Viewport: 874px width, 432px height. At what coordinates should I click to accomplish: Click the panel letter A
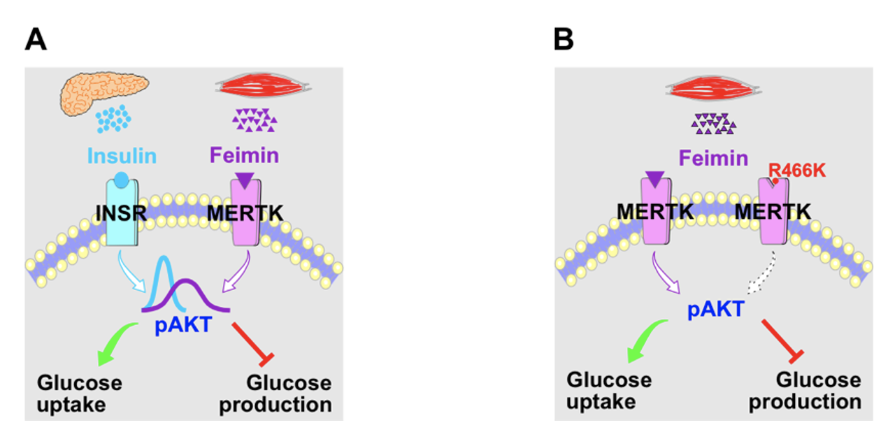coord(36,40)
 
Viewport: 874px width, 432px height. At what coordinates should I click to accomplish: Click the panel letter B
coord(564,40)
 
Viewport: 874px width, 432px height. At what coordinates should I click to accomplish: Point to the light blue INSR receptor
coord(122,213)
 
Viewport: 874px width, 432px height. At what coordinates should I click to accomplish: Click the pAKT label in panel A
coord(182,325)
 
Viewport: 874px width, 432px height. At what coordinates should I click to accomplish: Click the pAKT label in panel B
coord(715,308)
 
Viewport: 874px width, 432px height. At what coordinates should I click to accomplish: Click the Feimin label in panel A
coord(245,155)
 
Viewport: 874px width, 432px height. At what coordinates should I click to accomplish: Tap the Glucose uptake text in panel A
coord(79,394)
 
